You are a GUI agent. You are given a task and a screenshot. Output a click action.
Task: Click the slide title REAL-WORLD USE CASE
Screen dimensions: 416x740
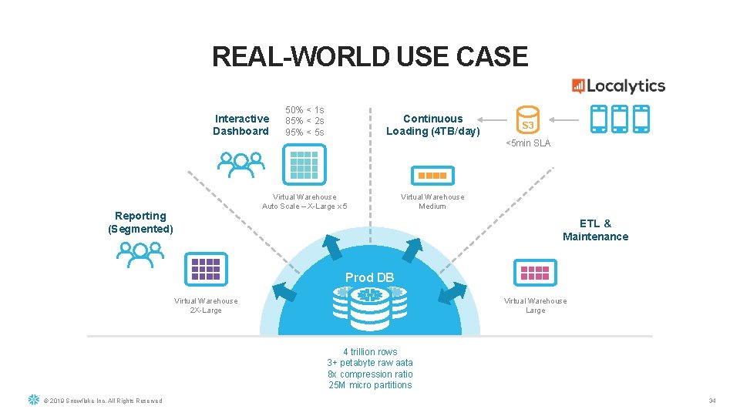click(x=370, y=57)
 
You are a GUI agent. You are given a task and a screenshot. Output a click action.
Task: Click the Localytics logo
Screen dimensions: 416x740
click(x=618, y=86)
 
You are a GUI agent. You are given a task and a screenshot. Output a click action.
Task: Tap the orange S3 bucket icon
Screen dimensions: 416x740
click(x=527, y=120)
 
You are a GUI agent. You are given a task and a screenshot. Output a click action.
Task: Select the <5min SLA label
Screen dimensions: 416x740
click(x=528, y=143)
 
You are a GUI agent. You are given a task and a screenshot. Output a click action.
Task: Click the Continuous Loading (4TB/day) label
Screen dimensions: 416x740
click(x=432, y=125)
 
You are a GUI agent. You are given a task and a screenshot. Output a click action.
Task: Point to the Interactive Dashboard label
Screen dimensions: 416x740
click(x=241, y=125)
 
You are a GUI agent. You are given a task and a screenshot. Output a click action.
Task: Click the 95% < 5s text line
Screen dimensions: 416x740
click(x=304, y=133)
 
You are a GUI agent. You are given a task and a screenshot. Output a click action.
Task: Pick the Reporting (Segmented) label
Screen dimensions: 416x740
click(x=140, y=222)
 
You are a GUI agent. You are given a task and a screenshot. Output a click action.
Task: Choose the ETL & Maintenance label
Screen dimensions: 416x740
click(x=595, y=230)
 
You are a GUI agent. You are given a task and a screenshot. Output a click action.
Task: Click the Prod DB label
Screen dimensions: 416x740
click(x=369, y=277)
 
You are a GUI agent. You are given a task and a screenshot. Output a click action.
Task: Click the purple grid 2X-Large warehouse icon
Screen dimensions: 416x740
click(x=206, y=269)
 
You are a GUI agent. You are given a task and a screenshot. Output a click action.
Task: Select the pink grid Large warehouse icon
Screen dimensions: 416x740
click(x=535, y=272)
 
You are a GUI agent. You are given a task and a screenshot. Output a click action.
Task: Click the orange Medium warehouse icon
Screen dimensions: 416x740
click(x=432, y=176)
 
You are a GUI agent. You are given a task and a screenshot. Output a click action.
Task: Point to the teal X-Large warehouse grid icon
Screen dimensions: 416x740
click(x=304, y=164)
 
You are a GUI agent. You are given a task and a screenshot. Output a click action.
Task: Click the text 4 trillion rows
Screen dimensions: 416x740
click(x=370, y=352)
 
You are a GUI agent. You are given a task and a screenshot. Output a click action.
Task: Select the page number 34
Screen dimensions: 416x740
click(x=712, y=401)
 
